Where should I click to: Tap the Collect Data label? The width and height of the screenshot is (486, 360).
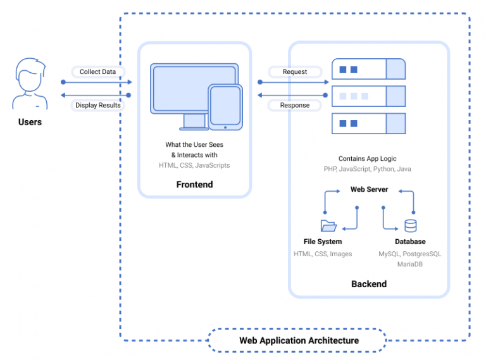(x=97, y=72)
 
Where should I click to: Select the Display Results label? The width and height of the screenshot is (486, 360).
(x=97, y=105)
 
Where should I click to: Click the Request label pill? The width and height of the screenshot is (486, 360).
(x=295, y=72)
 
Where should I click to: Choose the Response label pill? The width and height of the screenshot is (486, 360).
(x=295, y=105)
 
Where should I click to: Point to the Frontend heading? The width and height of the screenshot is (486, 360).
(x=194, y=185)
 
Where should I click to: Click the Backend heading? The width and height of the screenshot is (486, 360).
(x=369, y=284)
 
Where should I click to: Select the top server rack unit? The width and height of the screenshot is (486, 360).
(x=368, y=69)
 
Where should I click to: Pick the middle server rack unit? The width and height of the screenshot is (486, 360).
(x=368, y=96)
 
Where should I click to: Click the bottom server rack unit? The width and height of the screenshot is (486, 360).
(x=368, y=123)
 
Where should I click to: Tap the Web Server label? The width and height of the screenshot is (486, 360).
(x=369, y=189)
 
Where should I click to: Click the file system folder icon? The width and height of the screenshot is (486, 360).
(x=328, y=226)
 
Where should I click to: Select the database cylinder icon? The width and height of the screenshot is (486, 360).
(x=411, y=226)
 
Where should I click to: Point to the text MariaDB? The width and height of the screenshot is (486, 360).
(x=410, y=264)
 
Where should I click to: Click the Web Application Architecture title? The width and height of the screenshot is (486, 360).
(x=299, y=340)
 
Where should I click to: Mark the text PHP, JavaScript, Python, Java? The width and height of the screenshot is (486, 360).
(x=368, y=170)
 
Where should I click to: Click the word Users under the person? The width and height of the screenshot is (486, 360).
(x=30, y=121)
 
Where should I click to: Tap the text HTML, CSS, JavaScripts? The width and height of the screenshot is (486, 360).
(x=194, y=165)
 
